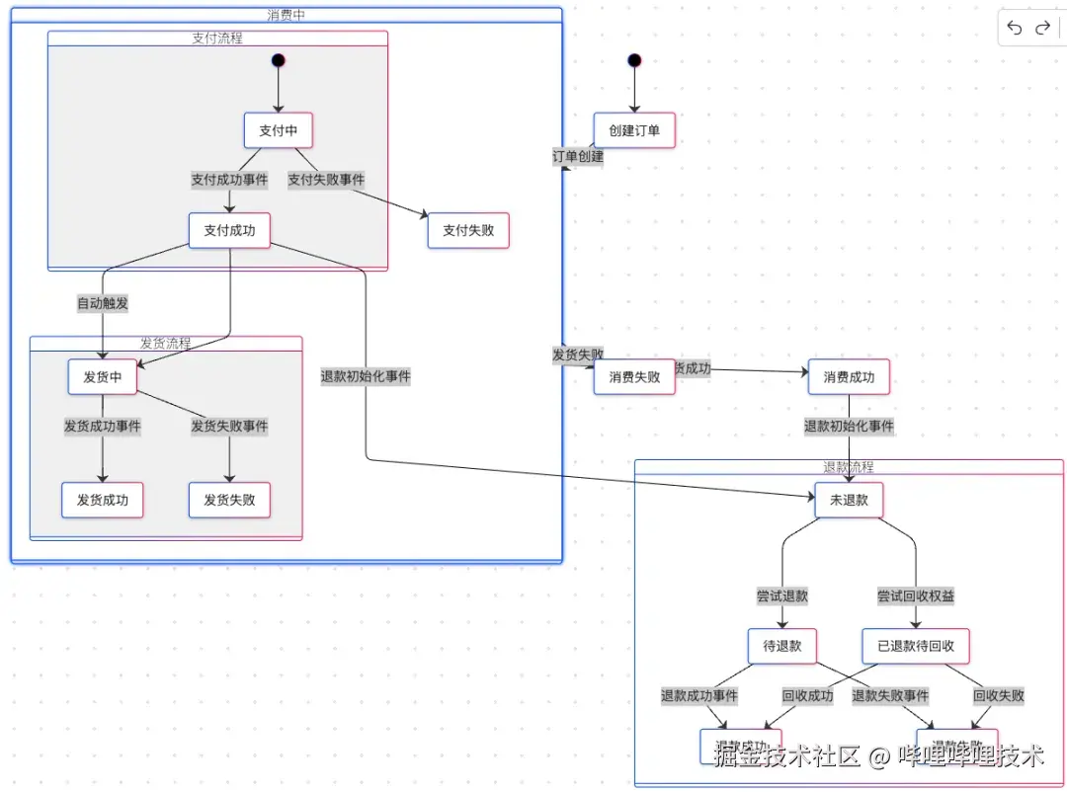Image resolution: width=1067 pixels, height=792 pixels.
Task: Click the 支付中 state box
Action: (279, 130)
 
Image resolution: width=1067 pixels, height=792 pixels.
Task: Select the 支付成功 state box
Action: (229, 230)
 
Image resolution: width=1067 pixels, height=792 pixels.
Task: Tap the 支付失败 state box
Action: (468, 230)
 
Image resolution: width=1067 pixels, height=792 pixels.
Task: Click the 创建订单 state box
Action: (634, 130)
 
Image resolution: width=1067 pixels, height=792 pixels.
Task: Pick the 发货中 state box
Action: (102, 376)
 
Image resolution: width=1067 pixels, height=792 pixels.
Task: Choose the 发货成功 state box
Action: (102, 500)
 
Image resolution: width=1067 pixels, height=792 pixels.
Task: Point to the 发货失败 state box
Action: (229, 500)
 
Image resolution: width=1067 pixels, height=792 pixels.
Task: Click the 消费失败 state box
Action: (634, 376)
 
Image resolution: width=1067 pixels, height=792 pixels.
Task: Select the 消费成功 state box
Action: (849, 376)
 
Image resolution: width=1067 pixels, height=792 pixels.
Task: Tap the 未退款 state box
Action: (849, 500)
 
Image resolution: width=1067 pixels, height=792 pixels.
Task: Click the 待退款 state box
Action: (781, 646)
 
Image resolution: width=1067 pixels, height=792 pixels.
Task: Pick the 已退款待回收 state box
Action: (916, 646)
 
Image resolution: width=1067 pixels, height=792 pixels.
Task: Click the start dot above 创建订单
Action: (634, 60)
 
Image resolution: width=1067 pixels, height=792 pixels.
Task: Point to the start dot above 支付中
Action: (279, 60)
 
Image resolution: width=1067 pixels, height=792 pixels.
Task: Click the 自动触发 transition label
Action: (103, 303)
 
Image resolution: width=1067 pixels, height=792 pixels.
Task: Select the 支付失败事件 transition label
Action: (326, 180)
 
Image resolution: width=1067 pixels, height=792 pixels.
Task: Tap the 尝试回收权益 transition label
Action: (916, 595)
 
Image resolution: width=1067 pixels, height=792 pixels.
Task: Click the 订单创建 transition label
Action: (578, 156)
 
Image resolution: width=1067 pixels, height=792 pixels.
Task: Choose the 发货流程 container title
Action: (165, 344)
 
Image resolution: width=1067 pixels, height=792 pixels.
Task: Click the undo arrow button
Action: (1015, 28)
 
